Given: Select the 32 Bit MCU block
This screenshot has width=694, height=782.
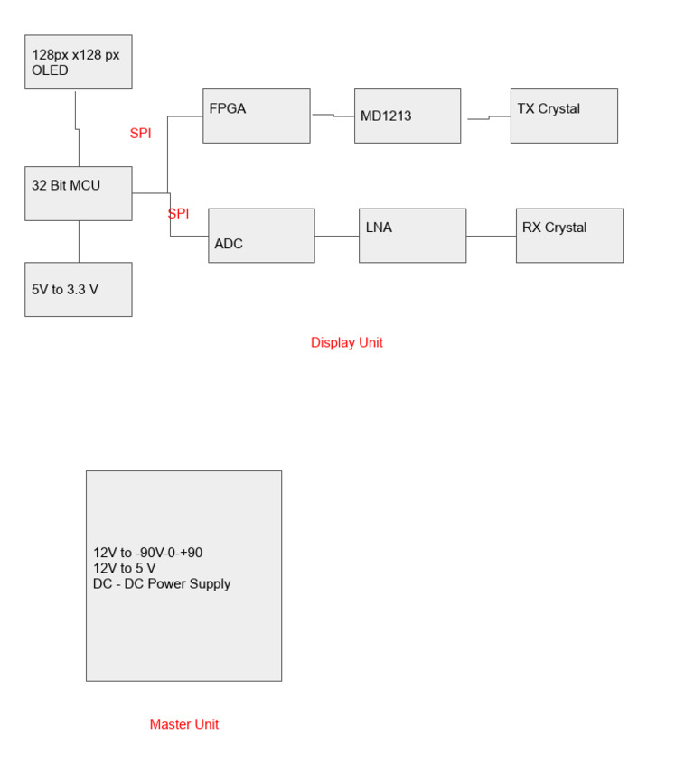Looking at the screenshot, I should point(78,193).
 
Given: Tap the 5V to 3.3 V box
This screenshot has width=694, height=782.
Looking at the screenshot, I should point(78,289).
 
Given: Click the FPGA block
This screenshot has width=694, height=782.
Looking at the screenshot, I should point(256,116).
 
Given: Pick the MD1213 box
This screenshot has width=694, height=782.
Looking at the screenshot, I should point(407,116).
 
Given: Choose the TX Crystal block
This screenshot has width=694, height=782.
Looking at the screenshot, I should point(564,116).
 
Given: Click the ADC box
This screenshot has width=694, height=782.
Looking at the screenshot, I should point(261,236).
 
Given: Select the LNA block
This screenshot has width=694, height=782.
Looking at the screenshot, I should point(412,236).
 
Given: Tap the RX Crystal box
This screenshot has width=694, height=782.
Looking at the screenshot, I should point(569,236).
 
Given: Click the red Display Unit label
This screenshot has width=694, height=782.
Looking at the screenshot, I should point(346,343).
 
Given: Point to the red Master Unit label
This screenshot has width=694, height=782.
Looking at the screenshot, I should point(183,724).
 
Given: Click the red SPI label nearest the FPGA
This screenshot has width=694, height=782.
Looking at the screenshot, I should point(140,134).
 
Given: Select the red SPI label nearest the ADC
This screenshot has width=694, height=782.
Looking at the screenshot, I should point(178,214).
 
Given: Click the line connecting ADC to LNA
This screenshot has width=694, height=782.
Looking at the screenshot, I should point(336,236).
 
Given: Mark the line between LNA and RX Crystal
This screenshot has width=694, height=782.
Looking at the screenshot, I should point(491,236).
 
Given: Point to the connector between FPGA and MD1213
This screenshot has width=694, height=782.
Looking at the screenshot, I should point(333,116).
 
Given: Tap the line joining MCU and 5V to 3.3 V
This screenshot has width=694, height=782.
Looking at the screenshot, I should point(79,241).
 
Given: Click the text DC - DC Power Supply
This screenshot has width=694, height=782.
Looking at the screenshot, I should point(162,583).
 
